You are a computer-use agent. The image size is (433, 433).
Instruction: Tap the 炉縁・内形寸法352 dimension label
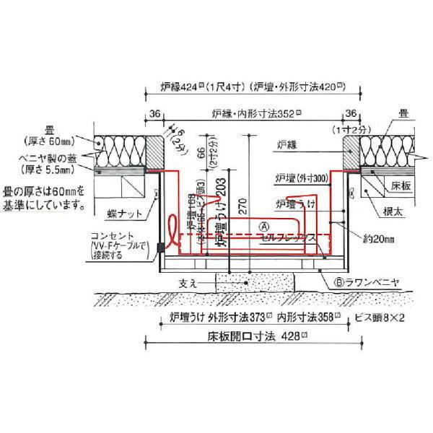(x=256, y=113)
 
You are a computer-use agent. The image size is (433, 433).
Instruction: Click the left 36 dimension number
(x=154, y=113)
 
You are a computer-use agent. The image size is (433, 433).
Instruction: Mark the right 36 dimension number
(x=351, y=113)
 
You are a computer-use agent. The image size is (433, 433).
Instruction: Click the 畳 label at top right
(x=404, y=113)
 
